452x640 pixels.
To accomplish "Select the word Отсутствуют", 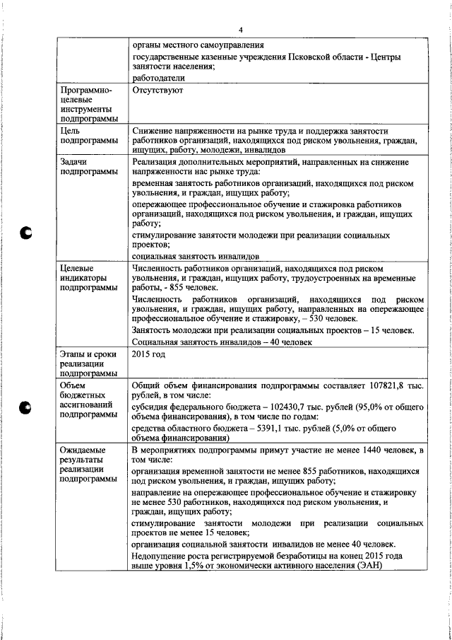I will pos(158,91).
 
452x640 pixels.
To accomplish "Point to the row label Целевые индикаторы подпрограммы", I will pos(89,279).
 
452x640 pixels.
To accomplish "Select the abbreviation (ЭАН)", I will pos(367,575).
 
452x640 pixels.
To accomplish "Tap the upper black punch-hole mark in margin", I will pos(27,233).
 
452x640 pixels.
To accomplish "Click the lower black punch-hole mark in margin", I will pos(27,407).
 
